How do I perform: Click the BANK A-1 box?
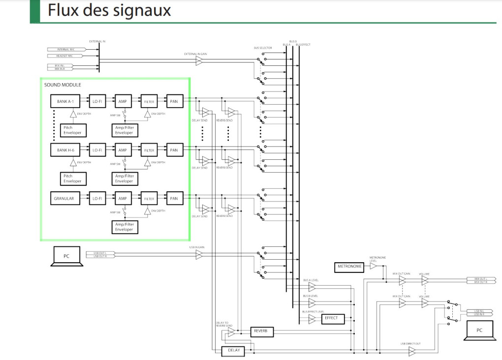[x=65, y=102]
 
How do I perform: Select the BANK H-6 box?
[x=65, y=150]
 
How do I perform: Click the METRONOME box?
[x=349, y=267]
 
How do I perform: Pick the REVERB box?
[x=261, y=331]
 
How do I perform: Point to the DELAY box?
[x=233, y=351]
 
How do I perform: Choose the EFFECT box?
[x=331, y=318]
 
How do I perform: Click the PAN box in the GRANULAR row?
[x=174, y=199]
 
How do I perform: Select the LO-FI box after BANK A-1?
[x=97, y=102]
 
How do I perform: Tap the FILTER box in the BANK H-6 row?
[x=149, y=150]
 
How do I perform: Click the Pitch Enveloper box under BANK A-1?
[x=72, y=130]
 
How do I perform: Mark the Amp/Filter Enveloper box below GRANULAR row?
[x=124, y=227]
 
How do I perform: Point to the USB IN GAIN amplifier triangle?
[x=199, y=254]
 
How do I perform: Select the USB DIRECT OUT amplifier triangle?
[x=412, y=351]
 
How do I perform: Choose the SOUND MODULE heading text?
[x=63, y=85]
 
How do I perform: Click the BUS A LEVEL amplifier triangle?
[x=312, y=287]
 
